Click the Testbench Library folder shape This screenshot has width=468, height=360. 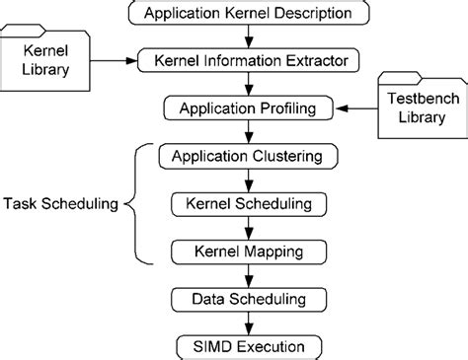click(x=412, y=108)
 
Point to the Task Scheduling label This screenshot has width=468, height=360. click(x=59, y=204)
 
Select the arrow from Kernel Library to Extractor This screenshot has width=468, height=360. click(x=112, y=61)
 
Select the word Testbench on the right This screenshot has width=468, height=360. click(x=412, y=100)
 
